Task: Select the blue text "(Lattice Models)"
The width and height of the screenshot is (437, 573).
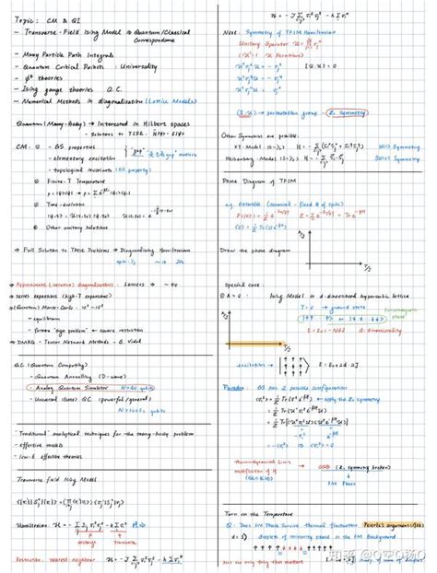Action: pos(182,103)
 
